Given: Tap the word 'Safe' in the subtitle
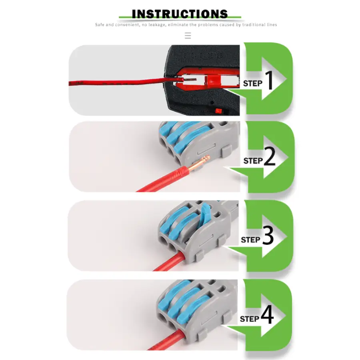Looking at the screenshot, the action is click(x=100, y=24).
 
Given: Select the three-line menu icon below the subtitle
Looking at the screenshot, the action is click(x=188, y=36).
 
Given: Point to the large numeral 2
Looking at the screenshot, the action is click(x=270, y=156).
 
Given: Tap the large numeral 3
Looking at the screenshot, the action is click(x=268, y=235).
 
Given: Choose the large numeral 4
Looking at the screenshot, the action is click(x=267, y=314).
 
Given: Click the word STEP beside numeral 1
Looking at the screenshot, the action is click(x=253, y=83).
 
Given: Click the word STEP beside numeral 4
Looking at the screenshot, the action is click(x=250, y=319).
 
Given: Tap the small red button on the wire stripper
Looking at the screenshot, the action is click(x=219, y=111).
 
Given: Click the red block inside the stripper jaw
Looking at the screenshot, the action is click(x=213, y=81).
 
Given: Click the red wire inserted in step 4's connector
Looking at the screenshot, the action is click(x=166, y=340).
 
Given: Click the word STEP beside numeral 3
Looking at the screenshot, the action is click(x=250, y=240).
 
